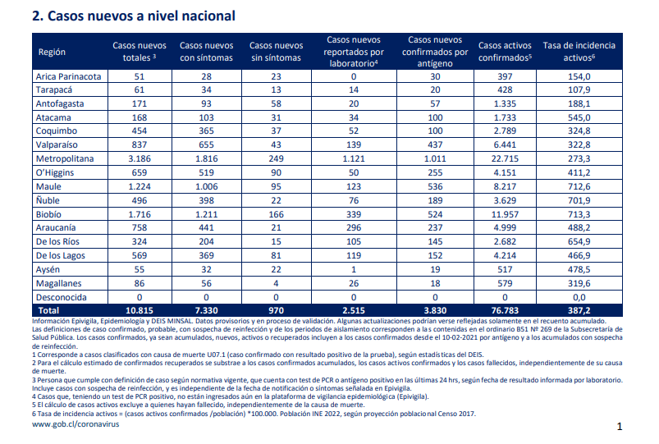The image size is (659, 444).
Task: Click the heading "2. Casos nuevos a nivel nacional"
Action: click(x=134, y=16)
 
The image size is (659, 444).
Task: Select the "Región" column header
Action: click(x=52, y=53)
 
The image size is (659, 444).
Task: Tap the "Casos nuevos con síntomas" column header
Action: click(x=206, y=52)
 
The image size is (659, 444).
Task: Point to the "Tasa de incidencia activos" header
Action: click(x=579, y=52)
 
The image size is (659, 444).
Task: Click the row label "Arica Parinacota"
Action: click(x=68, y=76)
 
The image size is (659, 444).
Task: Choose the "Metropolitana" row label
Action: click(x=65, y=159)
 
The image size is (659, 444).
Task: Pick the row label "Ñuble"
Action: click(x=48, y=200)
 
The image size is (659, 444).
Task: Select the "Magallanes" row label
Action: click(x=58, y=283)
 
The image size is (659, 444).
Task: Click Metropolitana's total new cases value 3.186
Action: click(x=140, y=159)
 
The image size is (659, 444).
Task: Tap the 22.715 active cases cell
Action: click(x=505, y=159)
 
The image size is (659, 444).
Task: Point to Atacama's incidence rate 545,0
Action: click(x=579, y=117)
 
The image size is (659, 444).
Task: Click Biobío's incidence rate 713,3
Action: click(x=579, y=214)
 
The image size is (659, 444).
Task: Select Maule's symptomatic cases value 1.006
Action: click(x=206, y=186)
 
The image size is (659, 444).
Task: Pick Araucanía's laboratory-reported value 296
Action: click(x=354, y=228)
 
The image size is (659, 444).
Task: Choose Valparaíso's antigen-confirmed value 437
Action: click(x=435, y=145)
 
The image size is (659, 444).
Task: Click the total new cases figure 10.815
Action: click(x=140, y=311)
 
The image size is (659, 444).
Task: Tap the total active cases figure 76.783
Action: click(x=505, y=311)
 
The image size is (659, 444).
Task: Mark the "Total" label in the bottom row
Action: click(x=48, y=311)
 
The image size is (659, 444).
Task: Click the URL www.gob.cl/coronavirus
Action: click(x=76, y=424)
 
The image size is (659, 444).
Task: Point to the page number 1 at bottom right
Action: click(x=619, y=427)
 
